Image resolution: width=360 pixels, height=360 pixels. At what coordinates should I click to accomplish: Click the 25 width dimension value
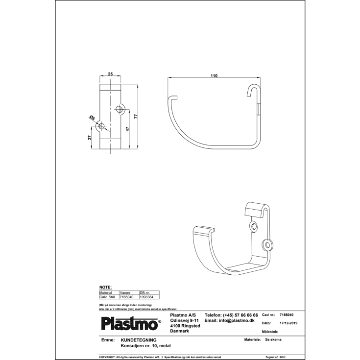[110, 73]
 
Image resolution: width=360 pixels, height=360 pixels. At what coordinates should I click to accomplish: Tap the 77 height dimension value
[137, 117]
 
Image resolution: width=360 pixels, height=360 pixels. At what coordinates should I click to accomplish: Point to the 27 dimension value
[90, 138]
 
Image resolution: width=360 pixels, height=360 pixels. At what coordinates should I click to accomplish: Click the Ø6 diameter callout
[92, 118]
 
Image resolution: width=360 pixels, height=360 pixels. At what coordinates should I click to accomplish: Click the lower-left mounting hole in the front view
[102, 126]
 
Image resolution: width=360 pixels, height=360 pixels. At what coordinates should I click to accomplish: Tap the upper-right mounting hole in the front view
[120, 109]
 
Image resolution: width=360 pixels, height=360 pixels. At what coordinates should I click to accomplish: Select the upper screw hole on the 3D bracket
[253, 226]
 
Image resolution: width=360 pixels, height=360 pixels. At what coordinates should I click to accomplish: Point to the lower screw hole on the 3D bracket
[267, 244]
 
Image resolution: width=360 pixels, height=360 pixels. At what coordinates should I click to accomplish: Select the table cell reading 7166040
[126, 297]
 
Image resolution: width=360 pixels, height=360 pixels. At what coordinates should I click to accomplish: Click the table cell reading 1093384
[146, 297]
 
